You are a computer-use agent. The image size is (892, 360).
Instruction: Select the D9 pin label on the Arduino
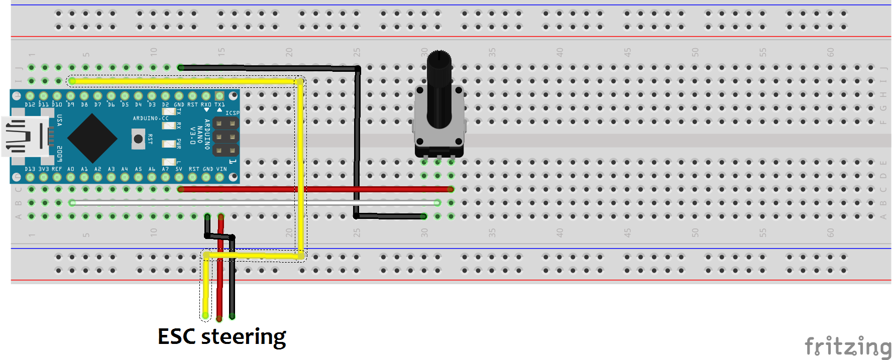coord(71,105)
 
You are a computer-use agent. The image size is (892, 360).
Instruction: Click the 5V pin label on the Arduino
coord(179,169)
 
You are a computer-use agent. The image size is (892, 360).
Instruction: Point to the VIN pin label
coord(221,169)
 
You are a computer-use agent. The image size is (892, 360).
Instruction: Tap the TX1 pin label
coord(219,105)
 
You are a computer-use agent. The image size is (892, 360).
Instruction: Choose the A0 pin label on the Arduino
coord(71,169)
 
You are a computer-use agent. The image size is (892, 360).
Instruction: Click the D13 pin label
coord(30,169)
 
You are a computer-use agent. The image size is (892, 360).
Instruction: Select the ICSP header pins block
coord(226,136)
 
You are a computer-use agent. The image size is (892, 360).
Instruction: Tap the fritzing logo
coord(847,346)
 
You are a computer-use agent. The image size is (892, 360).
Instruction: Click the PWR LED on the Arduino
coord(169,144)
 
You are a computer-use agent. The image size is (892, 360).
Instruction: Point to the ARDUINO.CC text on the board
coord(150,118)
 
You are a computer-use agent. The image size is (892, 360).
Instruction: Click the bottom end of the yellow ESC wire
coord(205,315)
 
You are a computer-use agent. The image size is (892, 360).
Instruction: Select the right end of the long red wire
coord(451,189)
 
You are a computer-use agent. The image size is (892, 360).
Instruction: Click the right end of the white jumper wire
coord(437,203)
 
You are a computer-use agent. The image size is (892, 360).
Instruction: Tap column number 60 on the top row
coord(830,52)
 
